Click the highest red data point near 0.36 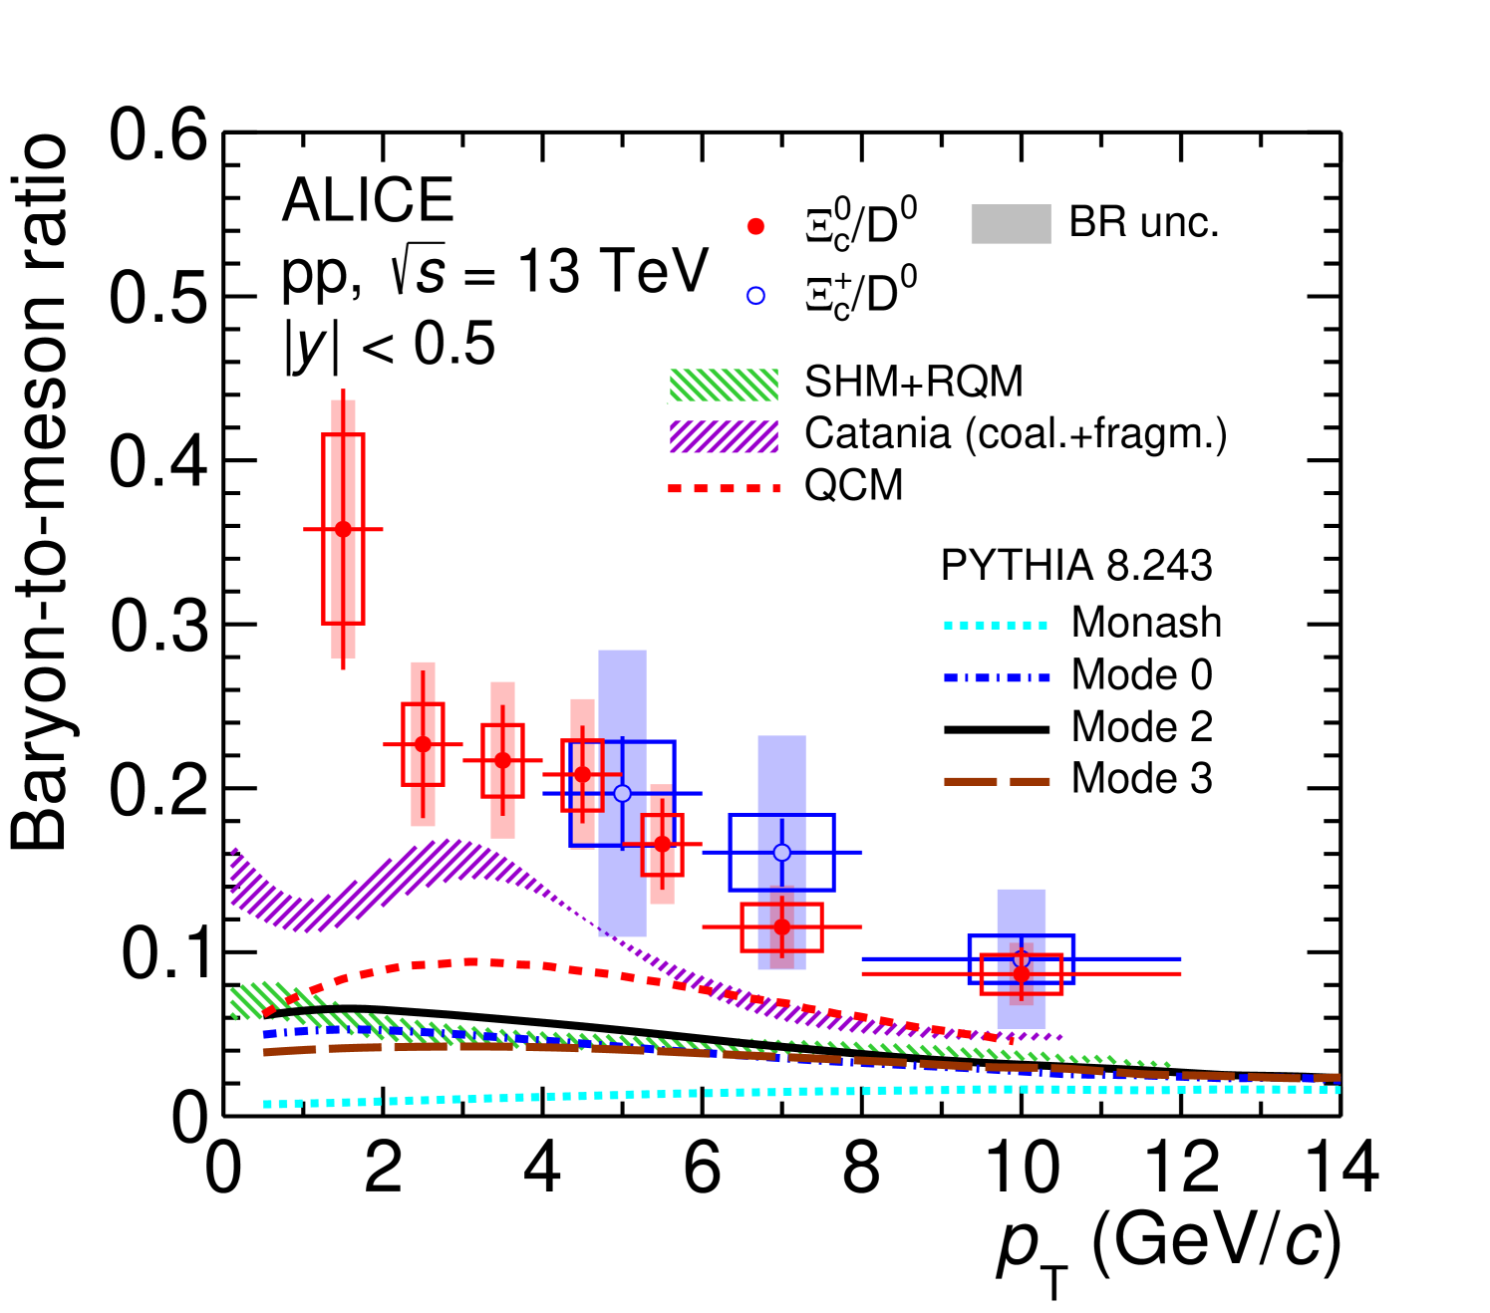pos(343,529)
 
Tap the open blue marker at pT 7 pos(782,853)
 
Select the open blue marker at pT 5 pos(622,793)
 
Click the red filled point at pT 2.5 pos(423,744)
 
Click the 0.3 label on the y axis pos(158,626)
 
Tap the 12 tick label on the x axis pos(1182,1168)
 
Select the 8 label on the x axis pos(862,1168)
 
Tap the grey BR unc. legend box pos(1011,224)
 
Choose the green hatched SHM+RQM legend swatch pos(724,384)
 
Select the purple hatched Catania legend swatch pos(724,435)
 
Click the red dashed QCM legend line pos(724,488)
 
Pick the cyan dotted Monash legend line pos(996,626)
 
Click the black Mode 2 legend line pos(996,729)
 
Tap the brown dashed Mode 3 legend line pos(996,781)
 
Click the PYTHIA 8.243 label pos(1076,566)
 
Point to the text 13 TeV pos(612,271)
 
